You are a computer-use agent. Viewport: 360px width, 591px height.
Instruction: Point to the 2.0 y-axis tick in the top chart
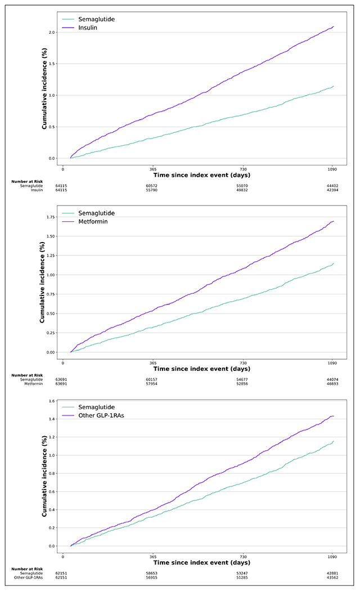52,32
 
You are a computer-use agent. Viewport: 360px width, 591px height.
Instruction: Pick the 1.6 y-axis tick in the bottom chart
52,401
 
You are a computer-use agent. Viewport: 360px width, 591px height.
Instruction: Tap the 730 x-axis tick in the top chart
244,169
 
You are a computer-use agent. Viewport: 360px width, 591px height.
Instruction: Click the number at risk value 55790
153,190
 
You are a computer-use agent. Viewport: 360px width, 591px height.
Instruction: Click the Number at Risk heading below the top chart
27,181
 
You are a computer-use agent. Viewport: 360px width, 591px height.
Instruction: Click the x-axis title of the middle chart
202,369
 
